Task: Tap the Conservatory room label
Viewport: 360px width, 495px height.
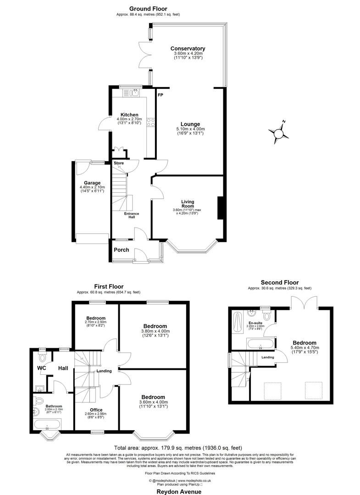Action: (188, 49)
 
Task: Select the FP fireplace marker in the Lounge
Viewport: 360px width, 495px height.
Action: (161, 95)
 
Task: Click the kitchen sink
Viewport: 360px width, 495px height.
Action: (135, 93)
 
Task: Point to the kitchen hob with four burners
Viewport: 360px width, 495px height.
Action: (150, 122)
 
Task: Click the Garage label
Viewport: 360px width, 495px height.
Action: (92, 183)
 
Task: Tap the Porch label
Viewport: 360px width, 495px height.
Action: (122, 250)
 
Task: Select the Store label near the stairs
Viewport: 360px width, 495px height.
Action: (119, 163)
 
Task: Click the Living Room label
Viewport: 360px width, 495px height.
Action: (188, 204)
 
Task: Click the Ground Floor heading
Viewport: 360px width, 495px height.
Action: (148, 9)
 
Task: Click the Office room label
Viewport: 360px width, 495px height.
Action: (96, 410)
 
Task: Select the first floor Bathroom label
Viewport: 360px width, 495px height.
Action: (54, 406)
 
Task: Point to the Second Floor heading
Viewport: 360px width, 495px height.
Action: (279, 283)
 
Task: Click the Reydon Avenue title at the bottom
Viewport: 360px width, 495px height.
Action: (179, 491)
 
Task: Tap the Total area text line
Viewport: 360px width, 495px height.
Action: (177, 447)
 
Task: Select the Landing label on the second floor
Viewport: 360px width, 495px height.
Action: (268, 357)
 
